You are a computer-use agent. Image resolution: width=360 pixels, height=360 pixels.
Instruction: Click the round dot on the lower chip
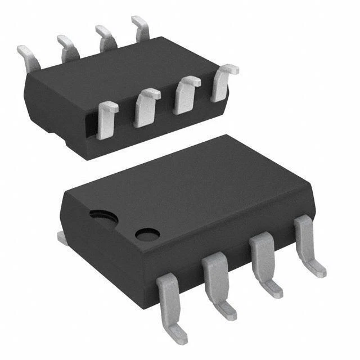coord(147,234)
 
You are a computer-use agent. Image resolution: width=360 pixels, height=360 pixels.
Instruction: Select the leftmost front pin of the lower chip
coord(169,301)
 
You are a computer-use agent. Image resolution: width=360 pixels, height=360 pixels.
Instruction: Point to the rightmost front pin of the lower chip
coord(307,239)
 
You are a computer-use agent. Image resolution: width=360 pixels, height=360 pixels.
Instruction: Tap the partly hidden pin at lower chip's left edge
coord(63,238)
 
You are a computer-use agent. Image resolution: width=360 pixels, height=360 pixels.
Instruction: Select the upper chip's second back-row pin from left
coord(67,46)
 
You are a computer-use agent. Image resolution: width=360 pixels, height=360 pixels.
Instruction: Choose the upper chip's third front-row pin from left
coord(185,94)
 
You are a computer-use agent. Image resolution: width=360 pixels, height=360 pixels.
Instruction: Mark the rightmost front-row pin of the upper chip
coord(223,82)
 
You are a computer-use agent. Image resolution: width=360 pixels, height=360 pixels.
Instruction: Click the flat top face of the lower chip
coord(186,186)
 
